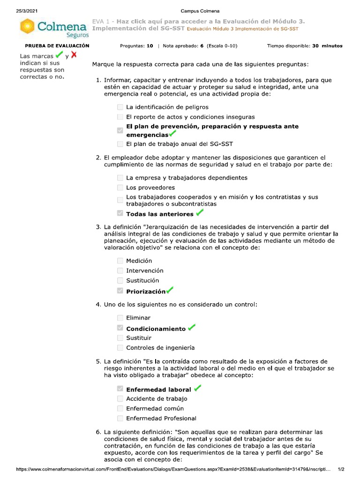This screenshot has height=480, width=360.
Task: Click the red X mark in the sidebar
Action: pyautogui.click(x=74, y=55)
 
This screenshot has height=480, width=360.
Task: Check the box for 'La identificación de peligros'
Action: pyautogui.click(x=120, y=107)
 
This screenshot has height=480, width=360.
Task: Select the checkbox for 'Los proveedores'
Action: pyautogui.click(x=120, y=188)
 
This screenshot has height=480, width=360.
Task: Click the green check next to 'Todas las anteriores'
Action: pyautogui.click(x=200, y=213)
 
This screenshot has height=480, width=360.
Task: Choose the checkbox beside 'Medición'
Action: pyautogui.click(x=120, y=261)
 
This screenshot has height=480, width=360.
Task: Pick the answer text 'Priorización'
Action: pyautogui.click(x=146, y=292)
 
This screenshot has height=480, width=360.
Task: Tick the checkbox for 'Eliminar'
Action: pyautogui.click(x=120, y=318)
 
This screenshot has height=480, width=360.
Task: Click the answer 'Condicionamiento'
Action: pyautogui.click(x=156, y=329)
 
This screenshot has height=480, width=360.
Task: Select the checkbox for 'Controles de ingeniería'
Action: pyautogui.click(x=120, y=348)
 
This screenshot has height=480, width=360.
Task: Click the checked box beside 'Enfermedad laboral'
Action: pyautogui.click(x=120, y=389)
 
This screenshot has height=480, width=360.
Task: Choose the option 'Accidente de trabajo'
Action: pyautogui.click(x=157, y=399)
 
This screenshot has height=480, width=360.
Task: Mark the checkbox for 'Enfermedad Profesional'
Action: pyautogui.click(x=120, y=418)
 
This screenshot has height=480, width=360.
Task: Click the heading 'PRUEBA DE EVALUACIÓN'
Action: pyautogui.click(x=57, y=46)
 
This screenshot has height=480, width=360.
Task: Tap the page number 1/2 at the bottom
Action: pyautogui.click(x=341, y=469)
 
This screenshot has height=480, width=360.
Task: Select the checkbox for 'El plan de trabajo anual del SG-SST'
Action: pyautogui.click(x=120, y=144)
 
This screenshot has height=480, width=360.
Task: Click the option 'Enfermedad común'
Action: pyautogui.click(x=155, y=409)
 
